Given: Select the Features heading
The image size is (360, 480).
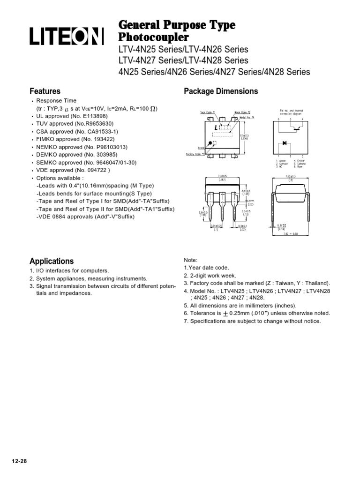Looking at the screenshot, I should tap(45, 91).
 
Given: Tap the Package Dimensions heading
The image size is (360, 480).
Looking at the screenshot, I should tap(221, 91).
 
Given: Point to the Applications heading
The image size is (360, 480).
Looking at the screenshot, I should tap(52, 261).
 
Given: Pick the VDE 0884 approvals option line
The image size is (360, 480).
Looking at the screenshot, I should tap(85, 217).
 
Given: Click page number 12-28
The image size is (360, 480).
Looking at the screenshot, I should tap(19, 461).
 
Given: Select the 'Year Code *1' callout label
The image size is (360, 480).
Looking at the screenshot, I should tap(208, 112).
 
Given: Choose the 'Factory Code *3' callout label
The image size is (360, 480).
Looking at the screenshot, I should tap(196, 154).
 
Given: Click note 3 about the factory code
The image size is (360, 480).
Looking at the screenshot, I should tap(257, 283).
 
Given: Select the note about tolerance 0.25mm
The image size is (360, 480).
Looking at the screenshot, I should tap(257, 313).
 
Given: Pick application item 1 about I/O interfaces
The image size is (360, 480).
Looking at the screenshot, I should tap(69, 271).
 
